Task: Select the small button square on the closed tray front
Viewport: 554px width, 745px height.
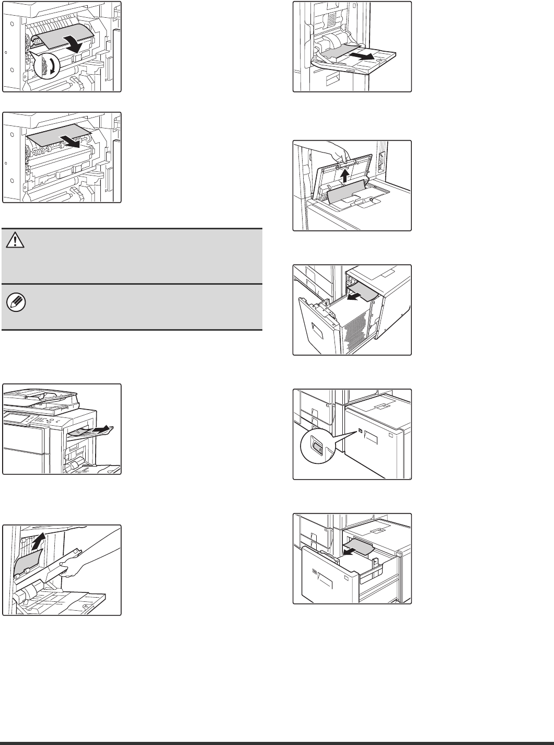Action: [x=361, y=431]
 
